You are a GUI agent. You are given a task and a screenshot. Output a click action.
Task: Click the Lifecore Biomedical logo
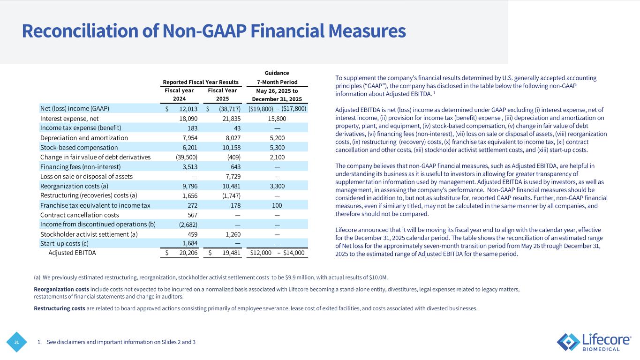pos(594,342)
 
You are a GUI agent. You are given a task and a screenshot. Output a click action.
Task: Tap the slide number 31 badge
pos(17,342)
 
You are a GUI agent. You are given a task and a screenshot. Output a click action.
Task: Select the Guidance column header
pos(276,73)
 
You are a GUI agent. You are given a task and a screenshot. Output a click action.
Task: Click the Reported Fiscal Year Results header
pos(201,82)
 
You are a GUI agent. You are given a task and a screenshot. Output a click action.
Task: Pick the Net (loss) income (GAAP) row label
pos(75,109)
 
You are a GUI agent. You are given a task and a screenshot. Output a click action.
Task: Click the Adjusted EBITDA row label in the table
pos(72,253)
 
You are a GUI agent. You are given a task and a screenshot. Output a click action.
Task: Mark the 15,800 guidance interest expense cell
pos(277,119)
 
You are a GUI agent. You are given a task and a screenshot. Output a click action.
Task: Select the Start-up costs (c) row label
pos(64,243)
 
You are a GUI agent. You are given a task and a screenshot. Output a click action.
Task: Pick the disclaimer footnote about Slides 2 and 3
pos(117,342)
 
